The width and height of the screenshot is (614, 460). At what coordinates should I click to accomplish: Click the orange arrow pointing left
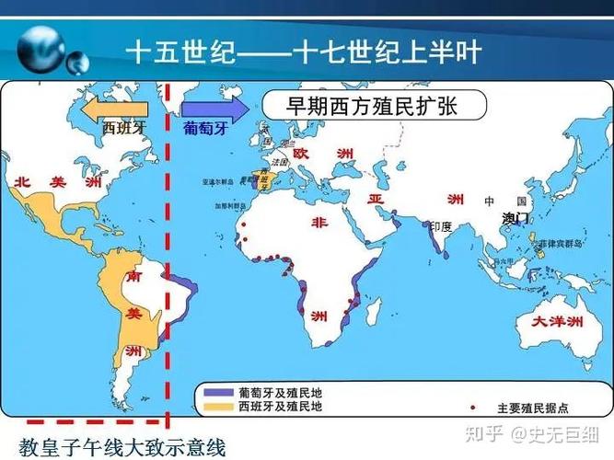coord(116,109)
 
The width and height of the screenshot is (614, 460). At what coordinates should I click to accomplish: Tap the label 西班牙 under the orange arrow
coord(123,129)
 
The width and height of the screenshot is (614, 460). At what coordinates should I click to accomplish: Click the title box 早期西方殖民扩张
coord(373,107)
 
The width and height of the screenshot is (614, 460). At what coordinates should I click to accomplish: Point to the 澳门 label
coord(516,217)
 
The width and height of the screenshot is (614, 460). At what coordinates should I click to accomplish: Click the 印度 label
coord(441,225)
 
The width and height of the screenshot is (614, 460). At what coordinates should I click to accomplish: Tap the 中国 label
coord(504,201)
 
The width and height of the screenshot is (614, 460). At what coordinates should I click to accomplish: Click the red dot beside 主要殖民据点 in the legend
coord(472,407)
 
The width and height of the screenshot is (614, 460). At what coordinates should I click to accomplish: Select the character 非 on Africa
coord(319,223)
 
